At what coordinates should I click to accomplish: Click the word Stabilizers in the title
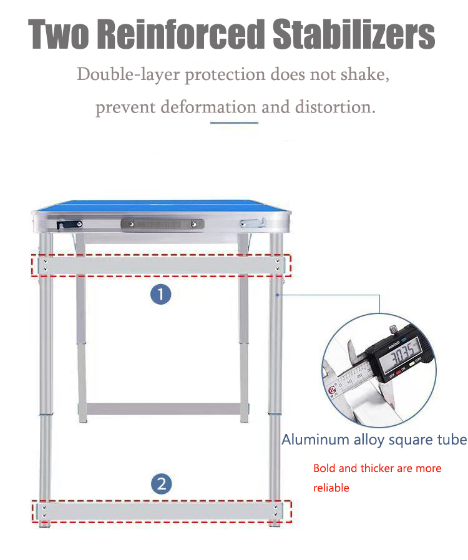[353, 34]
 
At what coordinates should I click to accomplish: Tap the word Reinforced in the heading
[180, 34]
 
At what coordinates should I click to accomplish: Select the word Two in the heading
[59, 34]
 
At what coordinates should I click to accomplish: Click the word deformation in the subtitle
[208, 107]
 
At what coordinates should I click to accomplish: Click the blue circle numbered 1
[160, 294]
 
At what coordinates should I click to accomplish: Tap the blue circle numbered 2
[162, 484]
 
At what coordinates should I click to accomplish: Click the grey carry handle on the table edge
[162, 224]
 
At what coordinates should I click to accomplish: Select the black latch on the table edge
[69, 224]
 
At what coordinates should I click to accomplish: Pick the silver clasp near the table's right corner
[253, 224]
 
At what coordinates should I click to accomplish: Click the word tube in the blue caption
[452, 440]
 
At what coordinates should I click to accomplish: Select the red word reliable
[331, 488]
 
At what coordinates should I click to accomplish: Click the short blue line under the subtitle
[234, 123]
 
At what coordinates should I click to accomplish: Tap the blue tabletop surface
[162, 207]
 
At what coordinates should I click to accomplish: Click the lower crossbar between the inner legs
[164, 409]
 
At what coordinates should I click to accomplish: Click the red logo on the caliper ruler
[332, 390]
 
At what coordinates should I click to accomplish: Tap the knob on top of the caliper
[393, 330]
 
